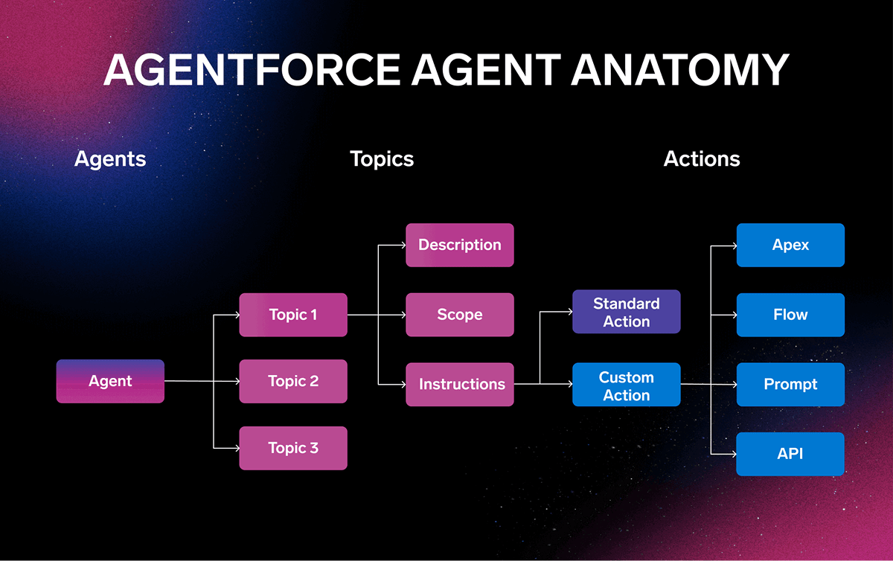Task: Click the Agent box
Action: pyautogui.click(x=110, y=382)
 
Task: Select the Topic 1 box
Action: pyautogui.click(x=293, y=315)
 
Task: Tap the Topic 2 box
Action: pyautogui.click(x=293, y=382)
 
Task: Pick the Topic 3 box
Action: pyautogui.click(x=293, y=448)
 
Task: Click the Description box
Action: pyautogui.click(x=460, y=245)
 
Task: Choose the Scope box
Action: pyautogui.click(x=460, y=315)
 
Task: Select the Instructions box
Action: pyautogui.click(x=460, y=385)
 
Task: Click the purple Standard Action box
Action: pyautogui.click(x=626, y=312)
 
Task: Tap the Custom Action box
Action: pyautogui.click(x=626, y=385)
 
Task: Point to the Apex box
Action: pyautogui.click(x=790, y=245)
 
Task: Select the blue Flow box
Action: pyautogui.click(x=790, y=315)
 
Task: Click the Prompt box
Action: pyautogui.click(x=790, y=385)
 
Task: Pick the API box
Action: pyautogui.click(x=790, y=454)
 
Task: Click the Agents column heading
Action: pyautogui.click(x=110, y=159)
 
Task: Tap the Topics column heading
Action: pyautogui.click(x=382, y=159)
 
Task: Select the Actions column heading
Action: pyautogui.click(x=702, y=159)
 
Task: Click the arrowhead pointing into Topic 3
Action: pyautogui.click(x=235, y=448)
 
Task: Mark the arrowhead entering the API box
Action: pyautogui.click(x=732, y=454)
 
